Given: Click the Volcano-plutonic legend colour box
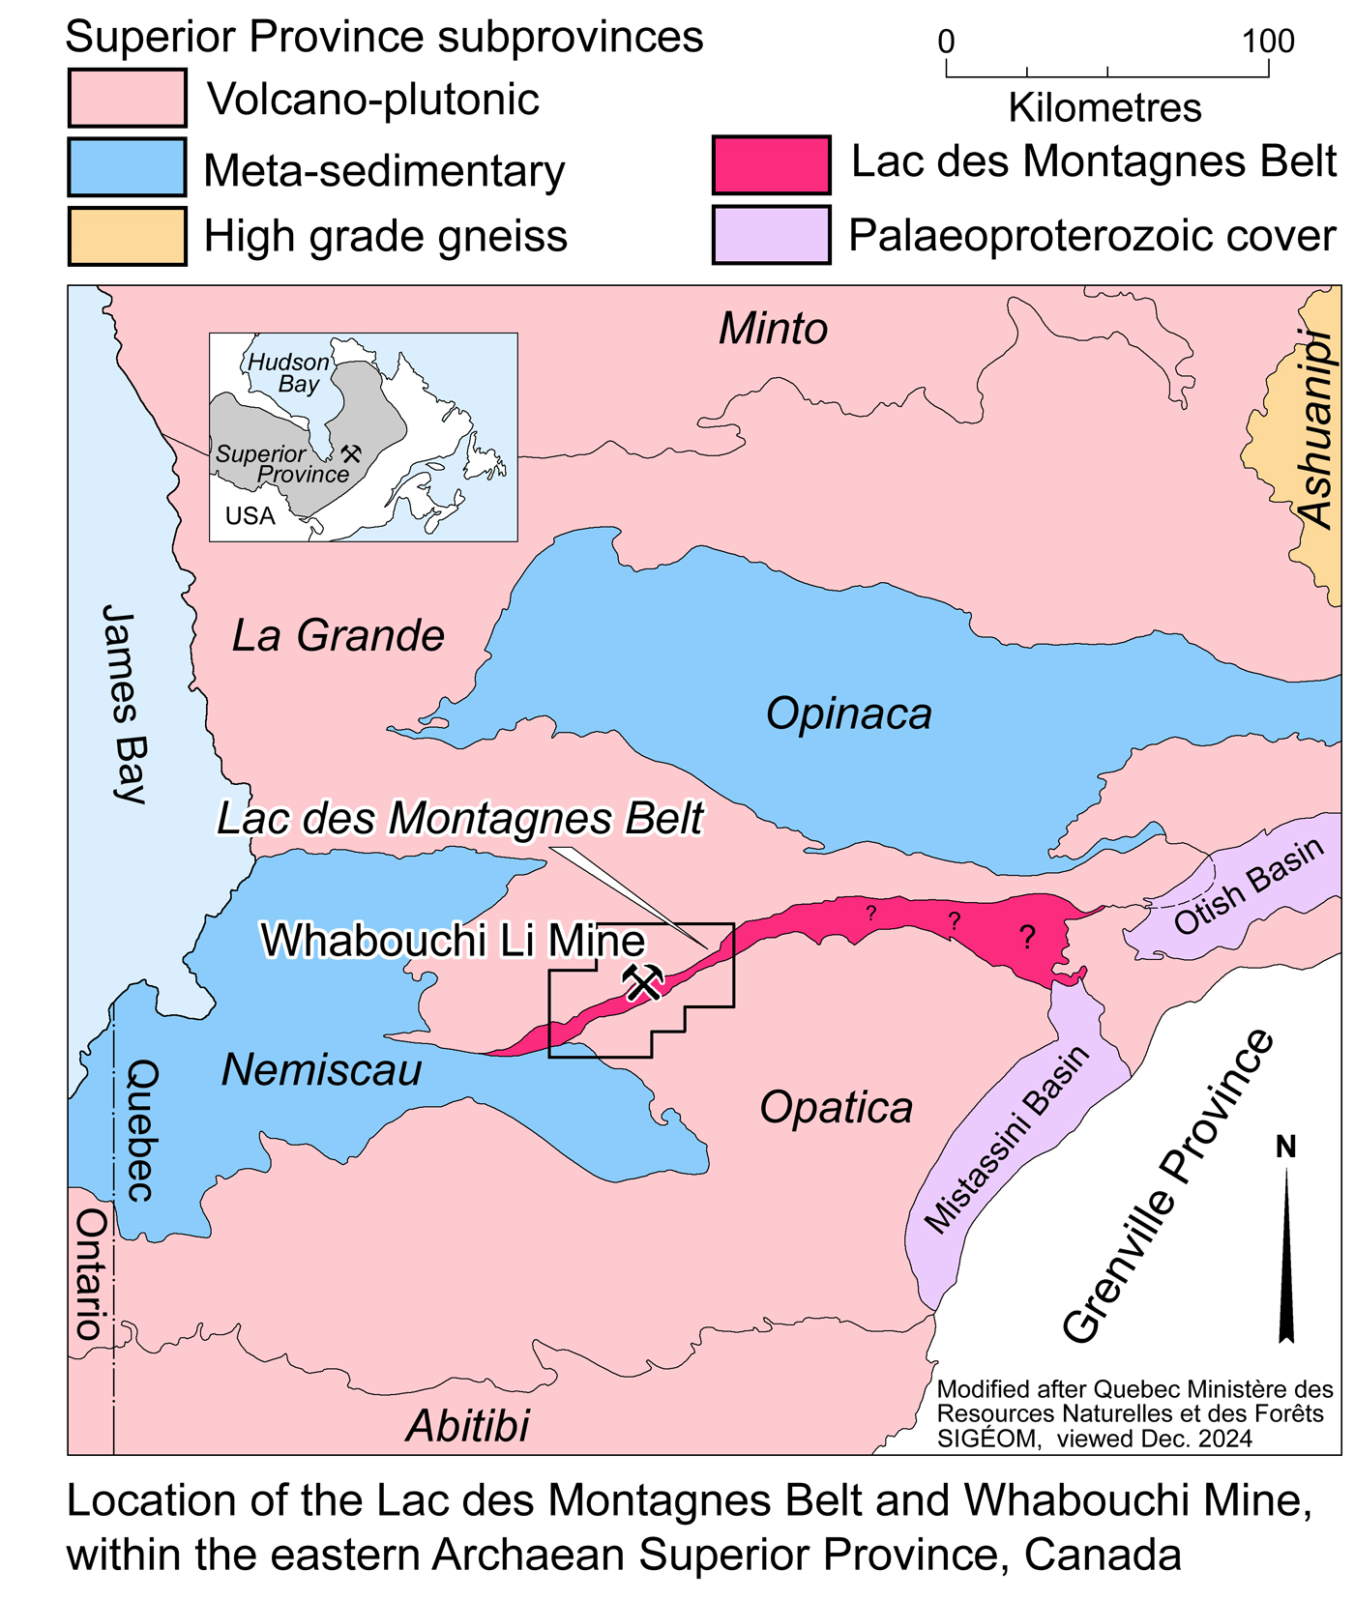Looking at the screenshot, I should pos(127,98).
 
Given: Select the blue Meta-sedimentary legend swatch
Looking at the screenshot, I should pos(127,167).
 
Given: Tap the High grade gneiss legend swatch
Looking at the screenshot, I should pos(127,236).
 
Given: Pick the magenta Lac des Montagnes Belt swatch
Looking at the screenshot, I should pos(771,165).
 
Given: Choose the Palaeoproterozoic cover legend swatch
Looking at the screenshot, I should pos(771,235).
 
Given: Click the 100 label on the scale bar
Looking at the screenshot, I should pos(1268,42).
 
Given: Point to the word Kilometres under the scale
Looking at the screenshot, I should pos(1104,107).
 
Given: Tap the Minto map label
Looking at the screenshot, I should pos(773,329).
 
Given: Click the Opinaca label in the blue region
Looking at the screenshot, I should pos(848,713).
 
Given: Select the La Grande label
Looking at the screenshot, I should pos(338,635).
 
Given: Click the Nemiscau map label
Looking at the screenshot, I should pos(322,1070).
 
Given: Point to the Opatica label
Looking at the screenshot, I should pos(836,1107).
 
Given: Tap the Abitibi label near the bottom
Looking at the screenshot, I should pos(468,1425).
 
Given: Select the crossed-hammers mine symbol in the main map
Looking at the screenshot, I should pos(643,983).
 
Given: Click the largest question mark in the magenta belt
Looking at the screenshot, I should pos(1027,936).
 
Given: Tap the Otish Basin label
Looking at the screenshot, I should pos(1249,886).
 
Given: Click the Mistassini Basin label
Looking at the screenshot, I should pos(1007,1140).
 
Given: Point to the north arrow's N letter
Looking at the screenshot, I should pos(1285,1147).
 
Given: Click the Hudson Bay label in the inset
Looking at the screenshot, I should pos(289,372).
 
